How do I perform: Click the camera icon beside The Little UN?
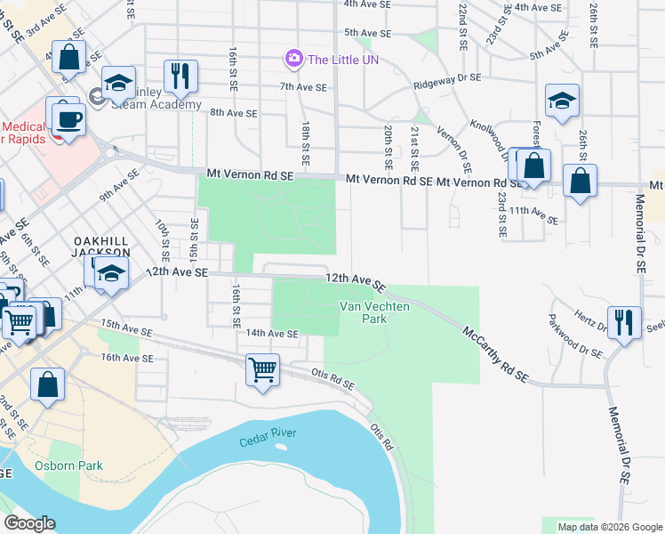point(292,59)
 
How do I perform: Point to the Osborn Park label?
point(68,465)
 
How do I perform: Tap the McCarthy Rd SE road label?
point(496,354)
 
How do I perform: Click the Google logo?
point(29,523)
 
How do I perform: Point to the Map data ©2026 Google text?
point(609,527)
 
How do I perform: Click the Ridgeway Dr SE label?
point(447,81)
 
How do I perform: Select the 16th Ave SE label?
point(127,358)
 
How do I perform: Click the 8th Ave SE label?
point(233,113)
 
